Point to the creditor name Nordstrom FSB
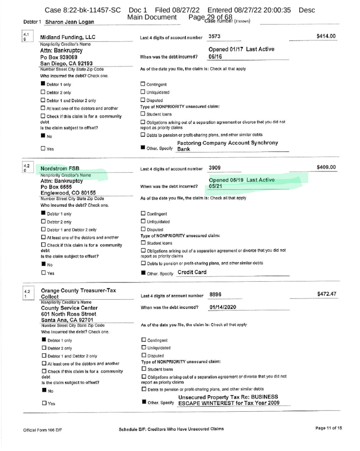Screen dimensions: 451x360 click(x=59, y=168)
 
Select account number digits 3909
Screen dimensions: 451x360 click(x=215, y=168)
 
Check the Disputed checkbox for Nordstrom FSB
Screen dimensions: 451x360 click(x=142, y=229)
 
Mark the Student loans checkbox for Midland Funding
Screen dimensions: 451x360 click(x=142, y=115)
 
